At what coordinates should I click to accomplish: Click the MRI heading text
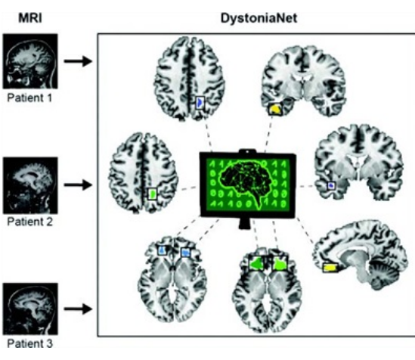30,18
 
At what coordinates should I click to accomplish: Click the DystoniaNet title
259,18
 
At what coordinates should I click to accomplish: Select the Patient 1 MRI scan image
30,61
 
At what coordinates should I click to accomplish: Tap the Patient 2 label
30,222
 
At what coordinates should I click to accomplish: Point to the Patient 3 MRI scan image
30,309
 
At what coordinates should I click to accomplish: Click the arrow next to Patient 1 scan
78,61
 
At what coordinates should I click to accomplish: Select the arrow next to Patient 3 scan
78,309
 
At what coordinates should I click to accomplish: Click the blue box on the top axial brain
200,103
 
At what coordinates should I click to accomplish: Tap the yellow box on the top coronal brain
275,109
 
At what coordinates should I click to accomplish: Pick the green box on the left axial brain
152,194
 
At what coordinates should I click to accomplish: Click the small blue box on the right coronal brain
331,185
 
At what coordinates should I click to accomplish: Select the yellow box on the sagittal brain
330,268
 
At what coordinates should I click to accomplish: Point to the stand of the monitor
245,223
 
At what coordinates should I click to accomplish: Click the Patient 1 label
29,98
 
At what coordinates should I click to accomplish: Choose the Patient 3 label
30,343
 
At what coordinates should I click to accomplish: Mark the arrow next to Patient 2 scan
78,185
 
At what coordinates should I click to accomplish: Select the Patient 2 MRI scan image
30,185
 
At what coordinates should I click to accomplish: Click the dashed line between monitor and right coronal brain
307,186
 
